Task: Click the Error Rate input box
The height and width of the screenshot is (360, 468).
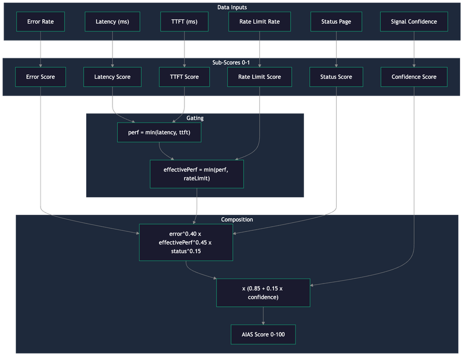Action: [x=41, y=22]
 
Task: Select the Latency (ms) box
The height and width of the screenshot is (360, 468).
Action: [x=112, y=22]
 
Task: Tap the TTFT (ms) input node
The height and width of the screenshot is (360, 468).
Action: [x=184, y=22]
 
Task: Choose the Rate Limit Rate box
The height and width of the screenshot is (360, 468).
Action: [x=259, y=22]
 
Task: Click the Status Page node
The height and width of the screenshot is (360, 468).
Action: [x=335, y=22]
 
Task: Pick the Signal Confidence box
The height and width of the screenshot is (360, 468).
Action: [x=414, y=22]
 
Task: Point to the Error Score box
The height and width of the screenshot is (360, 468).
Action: [x=41, y=77]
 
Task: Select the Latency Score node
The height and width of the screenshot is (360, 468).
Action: [x=112, y=77]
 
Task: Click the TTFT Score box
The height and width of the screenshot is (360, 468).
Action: [x=184, y=77]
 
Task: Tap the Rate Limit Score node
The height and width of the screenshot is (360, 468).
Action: [x=259, y=77]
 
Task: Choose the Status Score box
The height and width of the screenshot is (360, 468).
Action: [x=336, y=77]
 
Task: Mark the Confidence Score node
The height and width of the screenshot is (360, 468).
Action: [x=414, y=77]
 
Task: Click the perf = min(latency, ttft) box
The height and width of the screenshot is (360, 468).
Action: [x=159, y=132]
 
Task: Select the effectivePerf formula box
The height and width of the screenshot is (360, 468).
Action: [x=197, y=174]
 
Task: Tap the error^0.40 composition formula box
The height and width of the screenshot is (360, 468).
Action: [x=186, y=242]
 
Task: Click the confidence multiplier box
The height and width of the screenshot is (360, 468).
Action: [x=263, y=293]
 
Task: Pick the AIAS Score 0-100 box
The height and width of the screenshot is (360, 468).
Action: [x=263, y=334]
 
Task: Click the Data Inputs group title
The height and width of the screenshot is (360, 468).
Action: [x=231, y=7]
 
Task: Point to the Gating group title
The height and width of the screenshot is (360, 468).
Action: [x=195, y=118]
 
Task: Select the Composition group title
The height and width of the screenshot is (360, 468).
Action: [x=237, y=219]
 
